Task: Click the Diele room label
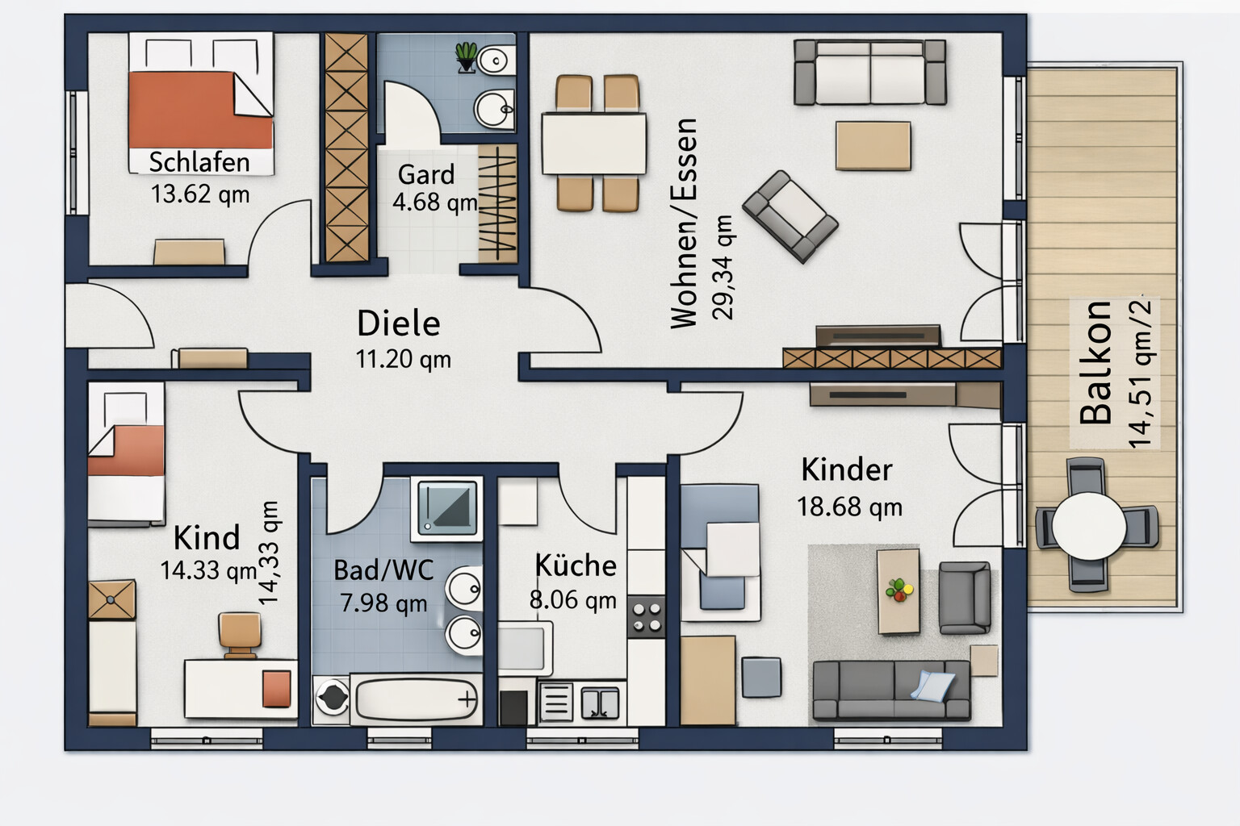click(x=399, y=323)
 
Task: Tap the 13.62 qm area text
click(x=200, y=194)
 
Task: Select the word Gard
click(x=426, y=174)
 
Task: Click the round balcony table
click(x=1089, y=526)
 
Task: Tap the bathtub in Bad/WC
click(x=417, y=699)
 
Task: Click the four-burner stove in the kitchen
click(x=646, y=617)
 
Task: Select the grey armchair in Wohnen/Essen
click(x=790, y=217)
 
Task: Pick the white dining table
click(x=593, y=144)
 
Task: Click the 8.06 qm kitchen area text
click(x=573, y=599)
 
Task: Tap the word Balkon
click(x=1095, y=362)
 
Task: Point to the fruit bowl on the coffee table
click(x=899, y=590)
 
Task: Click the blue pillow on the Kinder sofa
click(x=932, y=686)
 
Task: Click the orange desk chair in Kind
click(x=240, y=635)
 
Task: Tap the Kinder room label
click(x=847, y=470)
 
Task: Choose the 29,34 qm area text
click(x=723, y=268)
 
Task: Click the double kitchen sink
click(x=600, y=703)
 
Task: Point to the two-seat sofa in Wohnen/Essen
click(x=869, y=72)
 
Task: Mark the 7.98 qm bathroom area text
click(x=383, y=603)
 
